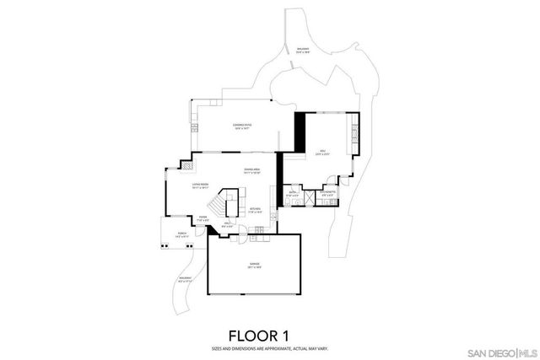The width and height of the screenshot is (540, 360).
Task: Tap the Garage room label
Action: [x=254, y=266]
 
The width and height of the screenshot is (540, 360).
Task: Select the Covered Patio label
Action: [x=242, y=126]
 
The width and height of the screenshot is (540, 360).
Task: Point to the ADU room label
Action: [x=321, y=153]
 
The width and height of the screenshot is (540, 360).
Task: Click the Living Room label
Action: [x=200, y=187]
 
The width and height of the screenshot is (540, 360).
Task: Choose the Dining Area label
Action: [x=251, y=172]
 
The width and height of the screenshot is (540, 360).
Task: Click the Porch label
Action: [x=182, y=235]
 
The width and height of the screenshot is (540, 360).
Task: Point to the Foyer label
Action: [x=202, y=218]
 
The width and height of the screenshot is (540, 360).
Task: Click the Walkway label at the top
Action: [x=303, y=51]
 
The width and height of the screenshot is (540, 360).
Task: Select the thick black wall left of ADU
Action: [x=298, y=132]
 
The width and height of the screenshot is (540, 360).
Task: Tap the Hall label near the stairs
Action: [x=226, y=224]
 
